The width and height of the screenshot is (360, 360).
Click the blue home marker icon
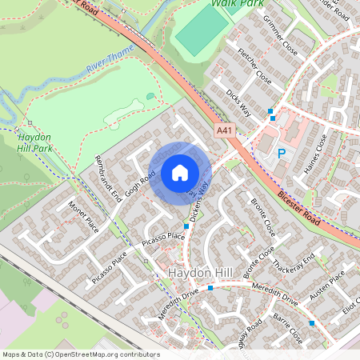tap(180, 173)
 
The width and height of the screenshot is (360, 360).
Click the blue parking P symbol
tap(281, 153)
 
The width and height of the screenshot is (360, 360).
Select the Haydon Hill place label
tap(201, 274)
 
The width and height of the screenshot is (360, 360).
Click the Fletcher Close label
tap(254, 66)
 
